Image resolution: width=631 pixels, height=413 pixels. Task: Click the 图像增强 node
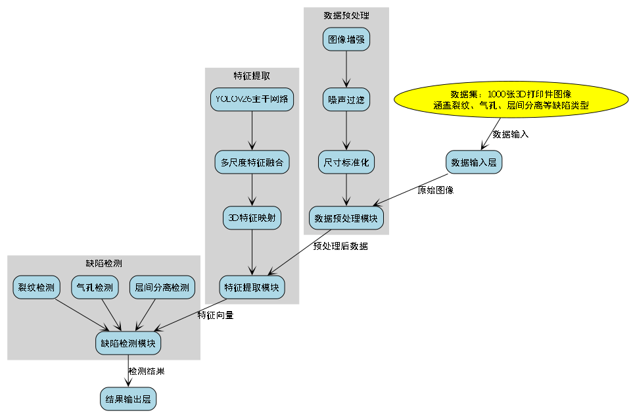(346, 39)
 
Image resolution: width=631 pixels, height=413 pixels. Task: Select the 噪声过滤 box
(346, 100)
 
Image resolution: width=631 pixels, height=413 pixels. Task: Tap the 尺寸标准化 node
(346, 162)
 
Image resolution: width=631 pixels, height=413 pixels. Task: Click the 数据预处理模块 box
(346, 218)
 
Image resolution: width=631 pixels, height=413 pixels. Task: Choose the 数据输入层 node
(474, 162)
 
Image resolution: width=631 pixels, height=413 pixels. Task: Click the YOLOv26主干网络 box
(252, 99)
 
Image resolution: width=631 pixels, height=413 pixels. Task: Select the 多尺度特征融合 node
(252, 162)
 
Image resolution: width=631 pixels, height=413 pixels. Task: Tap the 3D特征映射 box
(252, 218)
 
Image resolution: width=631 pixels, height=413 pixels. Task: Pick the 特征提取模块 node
(252, 287)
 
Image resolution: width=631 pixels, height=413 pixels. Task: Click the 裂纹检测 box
(36, 287)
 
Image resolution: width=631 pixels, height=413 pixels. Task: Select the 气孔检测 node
(95, 287)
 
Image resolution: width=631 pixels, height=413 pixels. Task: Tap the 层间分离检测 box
(162, 287)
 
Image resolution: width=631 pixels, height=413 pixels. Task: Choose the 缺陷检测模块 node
(128, 343)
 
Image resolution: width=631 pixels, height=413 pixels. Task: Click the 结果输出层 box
(128, 399)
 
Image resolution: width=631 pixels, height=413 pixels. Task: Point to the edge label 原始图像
(435, 190)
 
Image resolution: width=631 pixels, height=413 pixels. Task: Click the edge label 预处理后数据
(340, 246)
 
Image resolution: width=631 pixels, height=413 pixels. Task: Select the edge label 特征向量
(216, 314)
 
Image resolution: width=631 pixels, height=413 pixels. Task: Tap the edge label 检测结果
(146, 371)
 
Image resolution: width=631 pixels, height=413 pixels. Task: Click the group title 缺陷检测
(104, 263)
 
